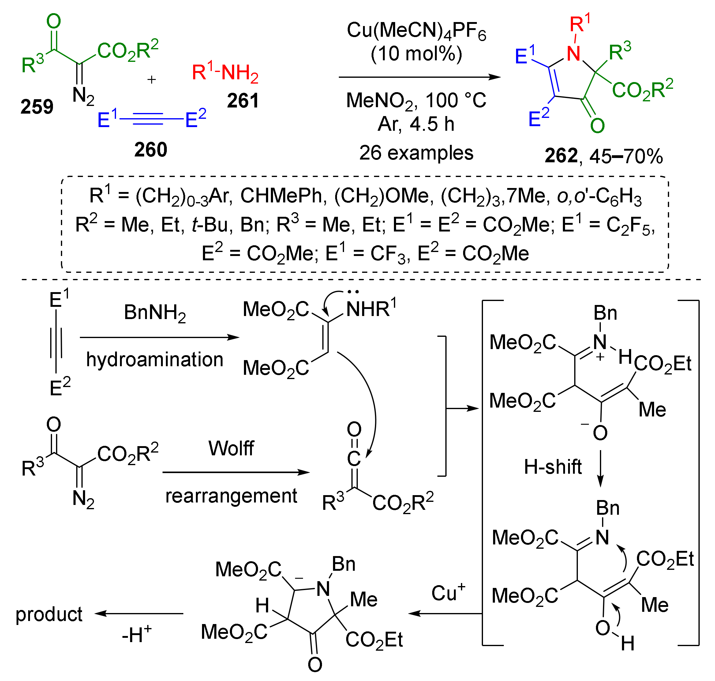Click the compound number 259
[x=37, y=107]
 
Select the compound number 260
[x=151, y=149]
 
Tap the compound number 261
[x=242, y=100]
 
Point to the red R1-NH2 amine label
[x=225, y=72]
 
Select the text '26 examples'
[x=416, y=153]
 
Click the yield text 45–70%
[x=626, y=156]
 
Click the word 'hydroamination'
[x=155, y=360]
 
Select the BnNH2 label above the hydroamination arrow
[x=155, y=313]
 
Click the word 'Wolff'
[x=231, y=448]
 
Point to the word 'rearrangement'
[x=231, y=496]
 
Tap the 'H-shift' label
[x=552, y=467]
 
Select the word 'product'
[x=49, y=614]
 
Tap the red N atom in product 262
[x=574, y=54]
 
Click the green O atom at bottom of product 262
[x=597, y=126]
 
